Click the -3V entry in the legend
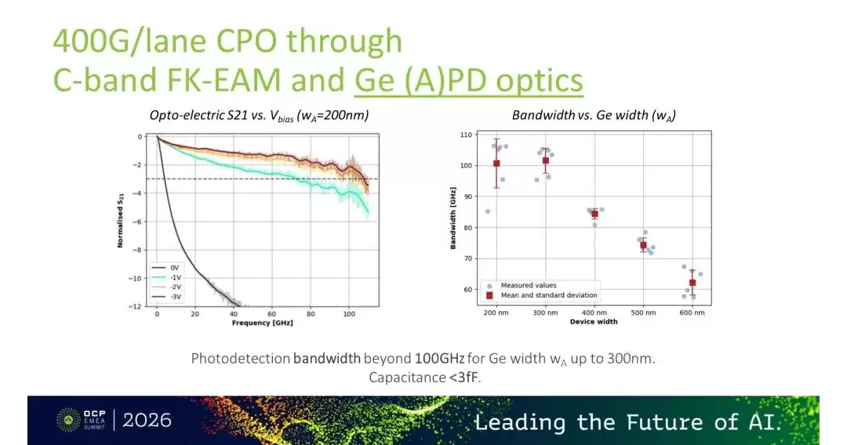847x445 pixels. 167,297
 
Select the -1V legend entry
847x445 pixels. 167,277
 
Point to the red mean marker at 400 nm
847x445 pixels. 594,214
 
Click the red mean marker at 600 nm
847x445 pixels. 693,283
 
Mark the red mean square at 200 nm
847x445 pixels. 496,164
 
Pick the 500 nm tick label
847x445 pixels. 643,313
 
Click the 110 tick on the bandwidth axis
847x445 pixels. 466,135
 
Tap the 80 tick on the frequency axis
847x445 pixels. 311,314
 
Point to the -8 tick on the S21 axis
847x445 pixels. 138,250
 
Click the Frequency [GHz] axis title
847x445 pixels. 263,323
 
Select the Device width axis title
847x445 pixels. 594,322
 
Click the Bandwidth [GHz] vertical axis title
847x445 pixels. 453,219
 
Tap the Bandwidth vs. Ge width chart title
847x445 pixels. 594,115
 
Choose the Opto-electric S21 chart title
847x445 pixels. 260,115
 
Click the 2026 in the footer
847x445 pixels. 147,420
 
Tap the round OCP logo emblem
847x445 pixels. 68,420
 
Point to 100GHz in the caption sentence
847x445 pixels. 439,359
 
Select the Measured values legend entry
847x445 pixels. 522,285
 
